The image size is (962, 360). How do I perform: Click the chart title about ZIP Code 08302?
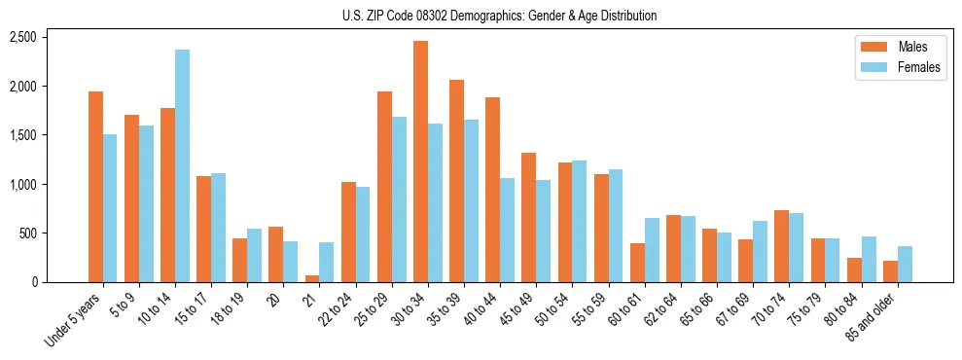499,16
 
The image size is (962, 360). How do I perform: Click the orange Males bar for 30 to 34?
420,162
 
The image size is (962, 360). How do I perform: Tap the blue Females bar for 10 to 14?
183,165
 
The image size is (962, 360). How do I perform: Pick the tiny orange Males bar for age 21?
312,278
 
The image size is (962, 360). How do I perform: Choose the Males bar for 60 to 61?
636,262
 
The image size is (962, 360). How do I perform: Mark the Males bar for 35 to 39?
456,181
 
